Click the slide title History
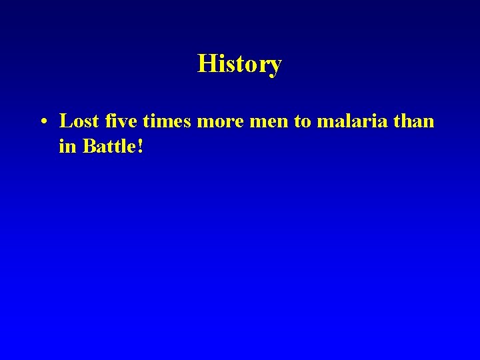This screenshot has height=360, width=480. click(239, 64)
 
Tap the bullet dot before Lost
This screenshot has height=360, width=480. click(42, 122)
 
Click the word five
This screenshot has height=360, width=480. click(117, 121)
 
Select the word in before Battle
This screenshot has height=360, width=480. click(67, 146)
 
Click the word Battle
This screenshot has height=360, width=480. click(109, 146)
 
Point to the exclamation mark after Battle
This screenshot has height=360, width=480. click(140, 146)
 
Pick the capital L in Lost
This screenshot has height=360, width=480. click(65, 121)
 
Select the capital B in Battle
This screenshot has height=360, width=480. click(89, 146)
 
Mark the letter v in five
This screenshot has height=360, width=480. click(119, 123)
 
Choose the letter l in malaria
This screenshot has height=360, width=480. click(337, 121)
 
